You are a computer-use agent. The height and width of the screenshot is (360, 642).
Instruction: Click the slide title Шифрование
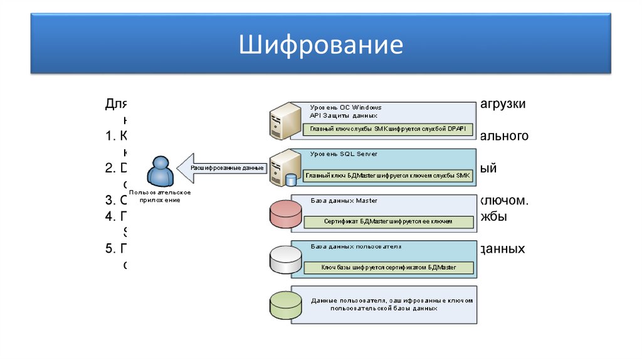pyautogui.click(x=320, y=46)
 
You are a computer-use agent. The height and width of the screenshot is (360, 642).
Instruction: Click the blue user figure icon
pyautogui.click(x=159, y=171)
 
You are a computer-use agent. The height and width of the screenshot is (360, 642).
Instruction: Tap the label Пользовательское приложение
pyautogui.click(x=160, y=196)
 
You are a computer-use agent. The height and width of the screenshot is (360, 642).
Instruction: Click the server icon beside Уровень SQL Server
pyautogui.click(x=282, y=168)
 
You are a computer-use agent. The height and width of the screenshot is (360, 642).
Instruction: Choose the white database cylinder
pyautogui.click(x=285, y=259)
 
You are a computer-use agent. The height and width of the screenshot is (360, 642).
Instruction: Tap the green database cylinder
pyautogui.click(x=285, y=305)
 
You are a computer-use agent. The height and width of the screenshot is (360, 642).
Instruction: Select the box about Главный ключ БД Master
pyautogui.click(x=387, y=176)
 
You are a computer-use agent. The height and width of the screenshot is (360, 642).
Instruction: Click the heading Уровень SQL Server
pyautogui.click(x=344, y=154)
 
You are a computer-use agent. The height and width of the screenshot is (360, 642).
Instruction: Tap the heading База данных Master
pyautogui.click(x=344, y=200)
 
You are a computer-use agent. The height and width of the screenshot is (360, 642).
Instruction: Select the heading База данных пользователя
pyautogui.click(x=355, y=247)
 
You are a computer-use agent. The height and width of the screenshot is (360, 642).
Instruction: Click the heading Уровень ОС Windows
pyautogui.click(x=345, y=107)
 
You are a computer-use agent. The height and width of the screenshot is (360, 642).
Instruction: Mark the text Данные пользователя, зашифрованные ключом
pyautogui.click(x=391, y=300)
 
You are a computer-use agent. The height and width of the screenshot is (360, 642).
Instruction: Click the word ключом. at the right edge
pyautogui.click(x=504, y=201)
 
